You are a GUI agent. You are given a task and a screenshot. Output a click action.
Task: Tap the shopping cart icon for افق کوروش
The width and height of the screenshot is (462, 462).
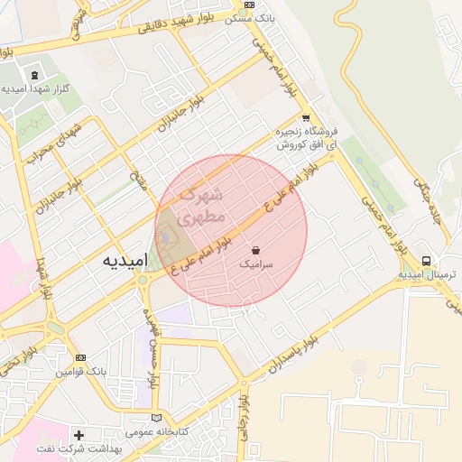pyautogui.click(x=306, y=117)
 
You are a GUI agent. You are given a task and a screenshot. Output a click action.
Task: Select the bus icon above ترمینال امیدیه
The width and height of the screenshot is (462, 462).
pyautogui.click(x=426, y=261)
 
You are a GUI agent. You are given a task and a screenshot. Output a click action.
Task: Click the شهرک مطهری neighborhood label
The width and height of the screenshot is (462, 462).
pyautogui.click(x=200, y=207)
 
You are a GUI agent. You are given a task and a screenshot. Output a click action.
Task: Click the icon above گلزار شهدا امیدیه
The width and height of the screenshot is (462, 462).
pyautogui.click(x=34, y=76)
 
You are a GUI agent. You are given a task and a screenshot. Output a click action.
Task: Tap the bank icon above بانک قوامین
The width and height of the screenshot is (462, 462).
pyautogui.click(x=80, y=358)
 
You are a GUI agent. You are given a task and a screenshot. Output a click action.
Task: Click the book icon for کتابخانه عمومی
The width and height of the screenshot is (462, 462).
pyautogui.click(x=158, y=419)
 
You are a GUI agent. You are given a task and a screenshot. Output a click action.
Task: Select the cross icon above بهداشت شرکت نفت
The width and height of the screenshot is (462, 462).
pyautogui.click(x=79, y=435)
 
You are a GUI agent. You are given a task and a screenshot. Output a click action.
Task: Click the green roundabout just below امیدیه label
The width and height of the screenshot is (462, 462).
pyautogui.click(x=143, y=281)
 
